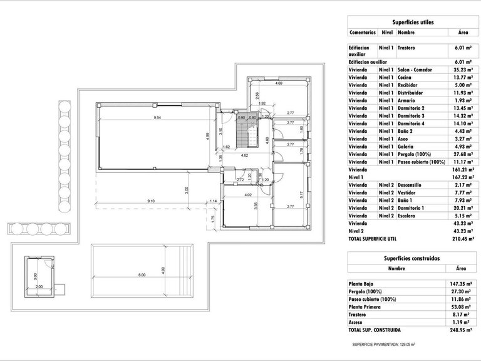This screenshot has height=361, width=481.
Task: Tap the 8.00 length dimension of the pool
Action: click(x=142, y=275)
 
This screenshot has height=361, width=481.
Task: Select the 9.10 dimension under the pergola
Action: click(x=150, y=201)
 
